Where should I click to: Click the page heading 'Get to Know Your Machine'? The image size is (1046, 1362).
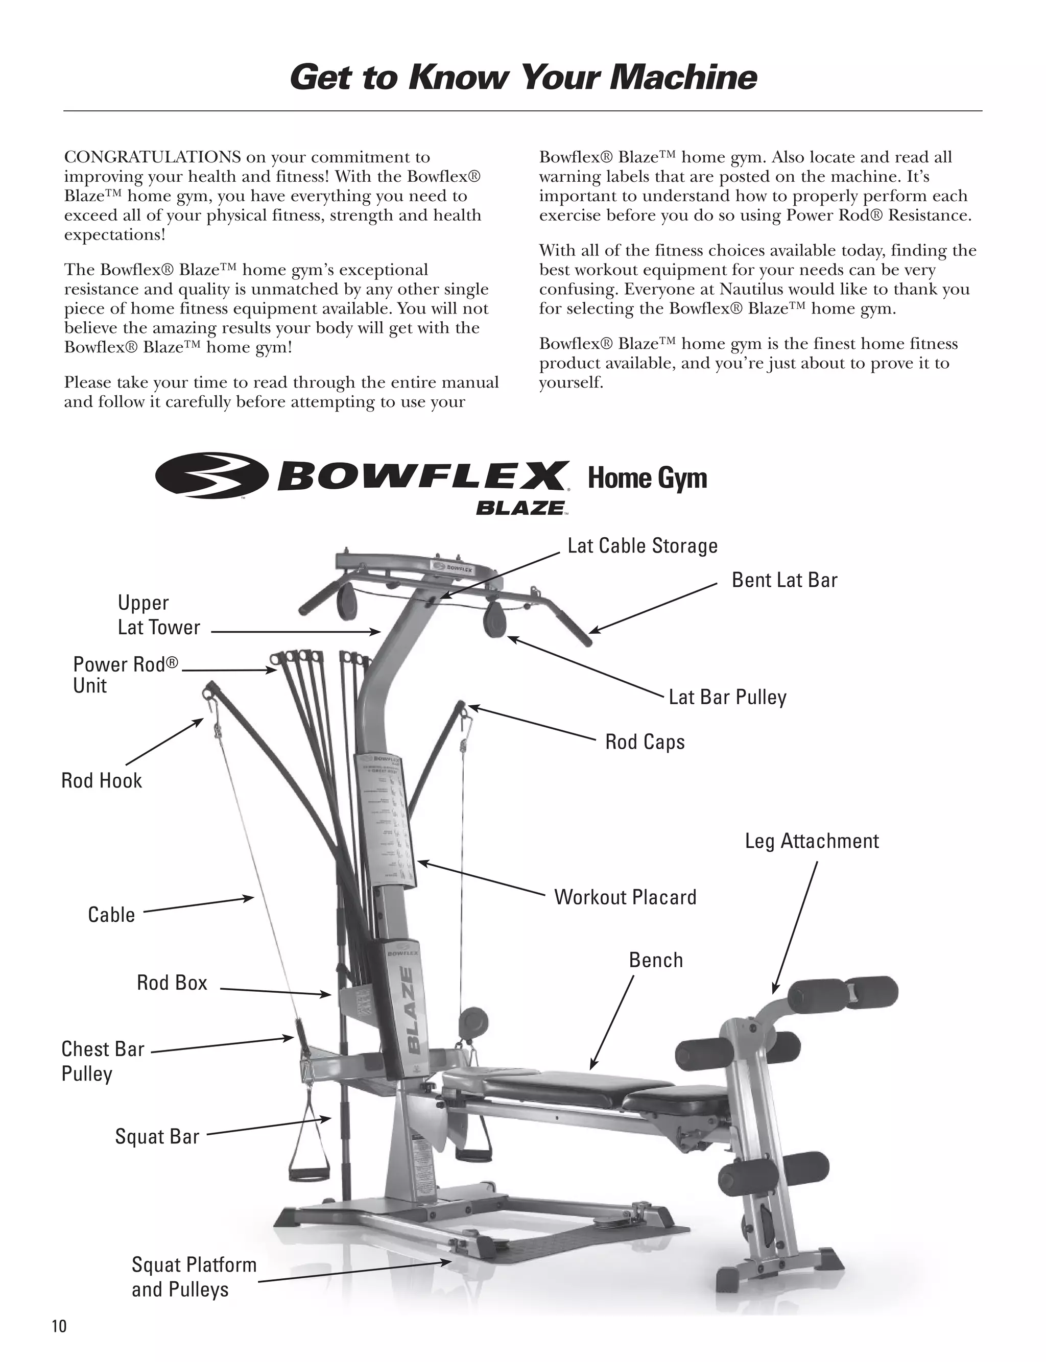pos(522,78)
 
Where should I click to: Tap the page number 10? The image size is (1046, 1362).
pos(59,1326)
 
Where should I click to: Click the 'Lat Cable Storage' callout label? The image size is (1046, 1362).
pos(642,546)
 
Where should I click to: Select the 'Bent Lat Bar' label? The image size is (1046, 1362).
pos(784,580)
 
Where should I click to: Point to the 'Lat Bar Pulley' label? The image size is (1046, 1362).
pos(727,697)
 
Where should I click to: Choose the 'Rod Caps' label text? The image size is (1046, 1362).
pos(645,742)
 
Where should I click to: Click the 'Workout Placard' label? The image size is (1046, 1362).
pos(625,897)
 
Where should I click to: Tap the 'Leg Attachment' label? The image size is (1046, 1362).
pos(811,841)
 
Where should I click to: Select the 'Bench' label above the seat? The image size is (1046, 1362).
pos(656,960)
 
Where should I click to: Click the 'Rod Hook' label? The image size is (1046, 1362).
pos(102,781)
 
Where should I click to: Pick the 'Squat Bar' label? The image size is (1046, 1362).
pos(157,1136)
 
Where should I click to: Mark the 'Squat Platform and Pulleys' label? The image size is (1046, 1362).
pos(193,1277)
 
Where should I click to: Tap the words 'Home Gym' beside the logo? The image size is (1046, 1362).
pos(647,479)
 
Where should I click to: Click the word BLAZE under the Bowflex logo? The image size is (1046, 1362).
pos(520,508)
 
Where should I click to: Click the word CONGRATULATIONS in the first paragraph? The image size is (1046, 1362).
pos(153,157)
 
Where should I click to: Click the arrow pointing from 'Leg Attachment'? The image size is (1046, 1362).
pos(795,927)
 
